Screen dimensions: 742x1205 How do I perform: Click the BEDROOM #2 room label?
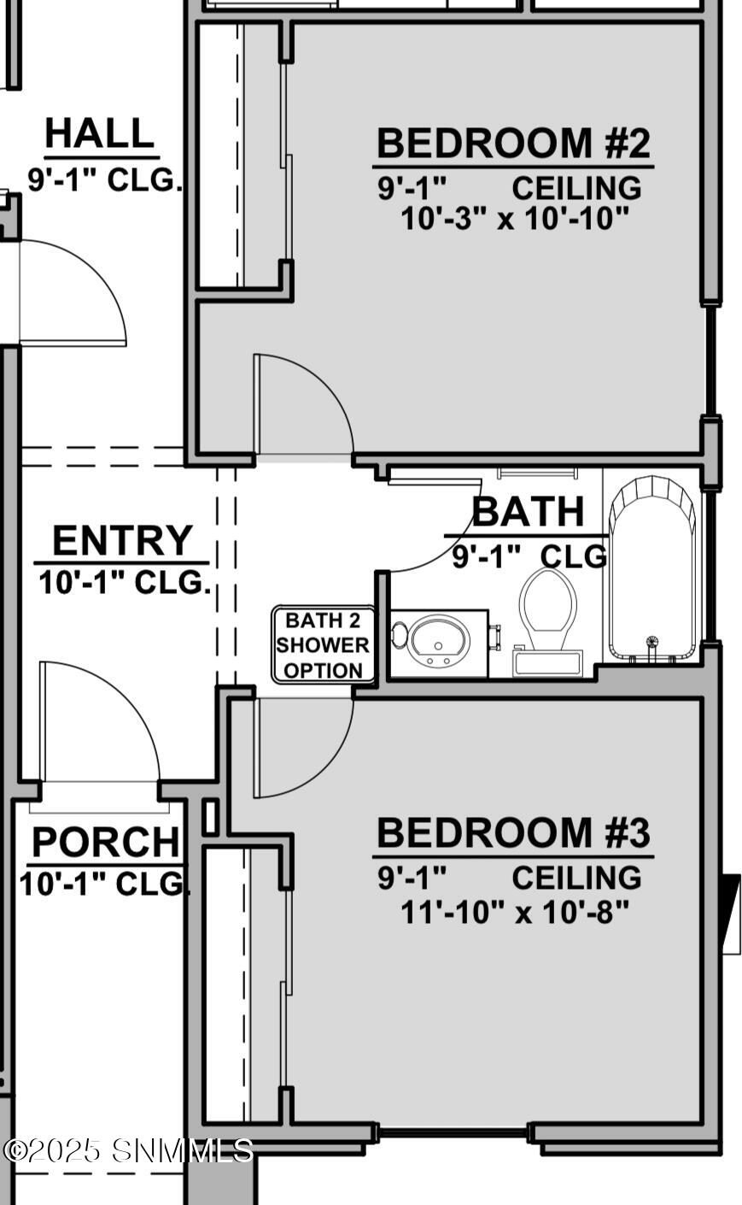coord(513,143)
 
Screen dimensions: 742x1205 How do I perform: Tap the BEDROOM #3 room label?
coord(513,832)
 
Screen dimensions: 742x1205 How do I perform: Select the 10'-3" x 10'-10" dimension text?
coord(514,219)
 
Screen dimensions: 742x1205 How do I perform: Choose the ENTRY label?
coord(122,540)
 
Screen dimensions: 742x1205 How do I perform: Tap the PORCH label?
coord(106,843)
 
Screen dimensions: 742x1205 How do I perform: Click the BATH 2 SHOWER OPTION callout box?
coord(323,645)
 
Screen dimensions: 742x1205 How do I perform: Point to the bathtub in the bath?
coord(652,568)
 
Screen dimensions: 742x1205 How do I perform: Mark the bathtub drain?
coord(651,641)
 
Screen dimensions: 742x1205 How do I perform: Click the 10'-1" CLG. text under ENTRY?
coord(124,583)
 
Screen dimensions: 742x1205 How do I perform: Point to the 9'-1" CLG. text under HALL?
coord(104,180)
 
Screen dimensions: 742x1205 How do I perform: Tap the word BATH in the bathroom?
coord(529,512)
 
